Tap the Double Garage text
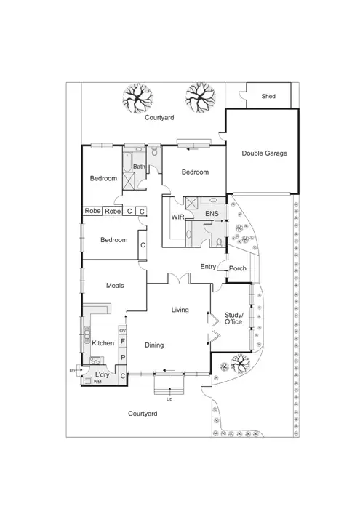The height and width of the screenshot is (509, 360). point(264,153)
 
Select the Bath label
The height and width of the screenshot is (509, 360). point(138,167)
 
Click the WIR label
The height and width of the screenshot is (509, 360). point(177,217)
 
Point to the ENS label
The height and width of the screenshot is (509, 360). point(212,213)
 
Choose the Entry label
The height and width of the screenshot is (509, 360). point(208,267)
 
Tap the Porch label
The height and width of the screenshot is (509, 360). point(237,268)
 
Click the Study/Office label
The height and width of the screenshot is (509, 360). point(233,317)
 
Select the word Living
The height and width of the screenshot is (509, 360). point(180,310)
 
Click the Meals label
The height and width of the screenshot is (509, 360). point(117,286)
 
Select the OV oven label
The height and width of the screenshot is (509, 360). point(123,330)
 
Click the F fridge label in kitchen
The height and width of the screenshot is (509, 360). point(123,341)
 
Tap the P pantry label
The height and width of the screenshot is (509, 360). point(123,358)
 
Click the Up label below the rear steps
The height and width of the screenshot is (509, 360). point(170,399)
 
